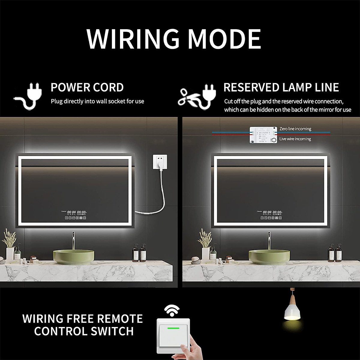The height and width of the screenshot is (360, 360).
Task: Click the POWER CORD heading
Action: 87,88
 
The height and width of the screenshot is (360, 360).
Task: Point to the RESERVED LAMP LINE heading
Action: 281,88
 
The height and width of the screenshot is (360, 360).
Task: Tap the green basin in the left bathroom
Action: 73,256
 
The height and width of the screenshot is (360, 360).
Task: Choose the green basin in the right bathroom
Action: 269,256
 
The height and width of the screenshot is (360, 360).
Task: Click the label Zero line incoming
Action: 295,129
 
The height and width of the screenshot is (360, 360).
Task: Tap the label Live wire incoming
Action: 295,139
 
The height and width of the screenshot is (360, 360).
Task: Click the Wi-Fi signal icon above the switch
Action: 172,311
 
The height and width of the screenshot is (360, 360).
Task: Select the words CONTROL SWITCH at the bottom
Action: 84,331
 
